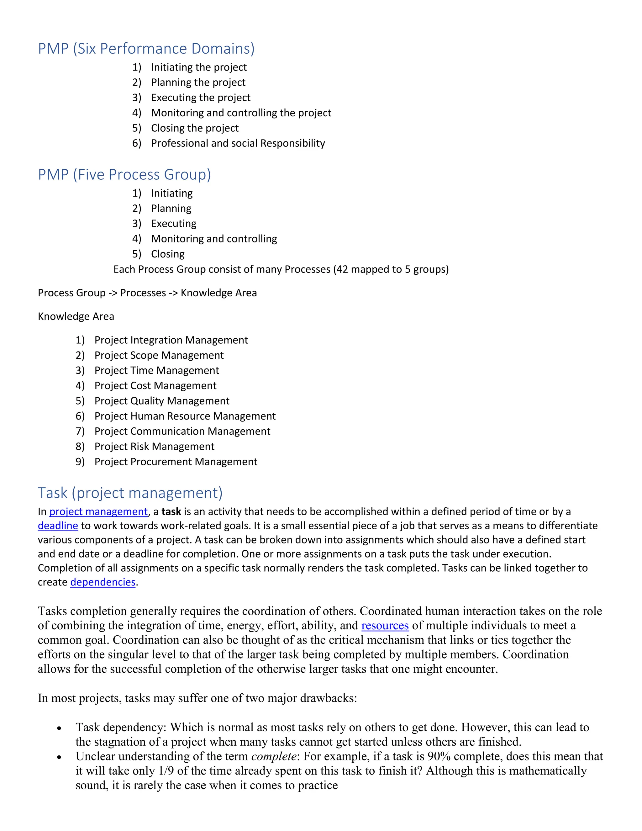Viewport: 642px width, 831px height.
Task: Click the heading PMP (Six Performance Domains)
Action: point(146,49)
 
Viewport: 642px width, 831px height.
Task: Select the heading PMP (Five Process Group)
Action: point(124,175)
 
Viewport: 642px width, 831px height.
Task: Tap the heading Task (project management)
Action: point(130,493)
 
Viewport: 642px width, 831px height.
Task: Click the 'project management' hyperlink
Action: point(98,512)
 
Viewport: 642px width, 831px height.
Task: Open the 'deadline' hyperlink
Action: point(58,526)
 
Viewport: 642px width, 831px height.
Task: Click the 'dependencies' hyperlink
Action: point(103,582)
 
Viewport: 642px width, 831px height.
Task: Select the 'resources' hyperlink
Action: point(385,626)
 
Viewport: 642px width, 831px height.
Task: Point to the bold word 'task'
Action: point(171,512)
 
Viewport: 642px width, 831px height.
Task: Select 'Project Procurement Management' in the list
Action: point(176,462)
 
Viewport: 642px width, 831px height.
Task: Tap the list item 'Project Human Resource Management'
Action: point(185,416)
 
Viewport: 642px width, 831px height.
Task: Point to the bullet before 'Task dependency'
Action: point(59,728)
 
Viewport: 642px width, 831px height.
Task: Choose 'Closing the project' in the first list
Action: point(194,128)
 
